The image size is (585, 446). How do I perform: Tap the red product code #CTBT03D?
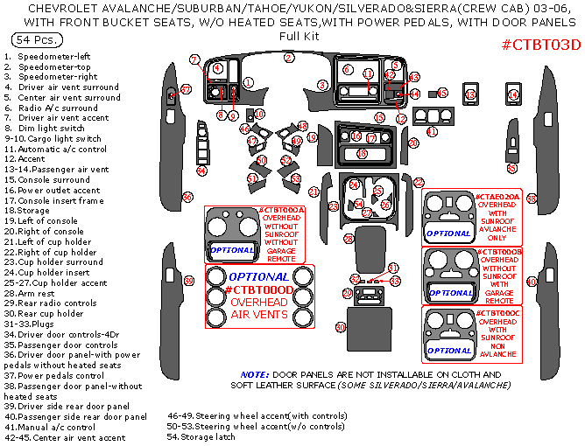[x=540, y=44]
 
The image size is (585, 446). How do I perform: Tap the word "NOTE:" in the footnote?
[x=255, y=373]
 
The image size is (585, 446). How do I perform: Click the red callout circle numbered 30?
[x=341, y=326]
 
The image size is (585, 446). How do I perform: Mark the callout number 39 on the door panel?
[x=188, y=280]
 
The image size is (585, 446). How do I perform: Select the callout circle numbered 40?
[x=531, y=282]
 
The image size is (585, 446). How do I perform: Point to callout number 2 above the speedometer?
[x=287, y=58]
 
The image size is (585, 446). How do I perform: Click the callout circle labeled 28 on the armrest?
[x=348, y=238]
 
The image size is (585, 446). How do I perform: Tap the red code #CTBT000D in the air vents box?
[x=258, y=289]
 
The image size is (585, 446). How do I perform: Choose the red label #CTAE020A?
[x=497, y=197]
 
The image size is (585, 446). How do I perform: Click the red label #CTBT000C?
[x=498, y=311]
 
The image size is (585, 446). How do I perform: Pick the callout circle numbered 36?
[x=187, y=196]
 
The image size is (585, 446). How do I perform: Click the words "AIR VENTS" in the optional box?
[x=258, y=313]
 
